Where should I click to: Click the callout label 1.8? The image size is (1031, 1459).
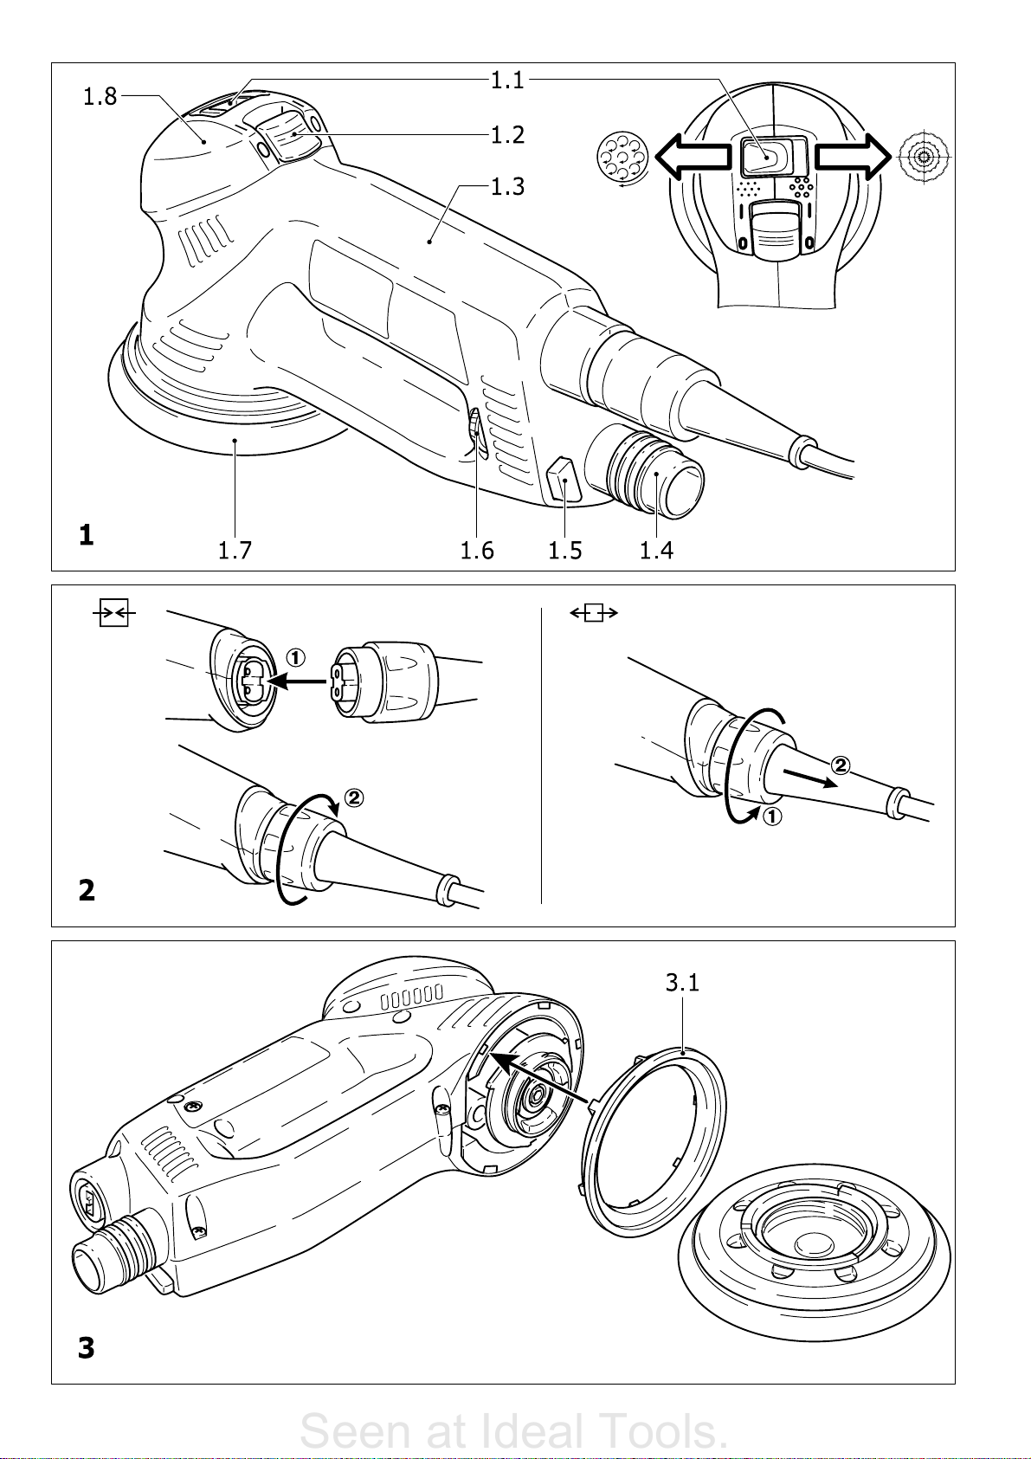click(100, 96)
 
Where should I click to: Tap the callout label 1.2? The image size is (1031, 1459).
click(507, 135)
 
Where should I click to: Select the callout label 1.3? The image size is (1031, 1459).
click(507, 187)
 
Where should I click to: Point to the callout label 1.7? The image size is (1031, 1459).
click(235, 551)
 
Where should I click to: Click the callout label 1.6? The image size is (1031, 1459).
click(477, 551)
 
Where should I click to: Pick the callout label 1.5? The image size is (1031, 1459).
click(564, 551)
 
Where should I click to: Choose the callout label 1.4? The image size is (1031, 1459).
click(656, 551)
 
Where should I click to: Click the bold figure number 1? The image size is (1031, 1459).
click(86, 536)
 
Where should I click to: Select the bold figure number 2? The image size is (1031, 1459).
click(87, 890)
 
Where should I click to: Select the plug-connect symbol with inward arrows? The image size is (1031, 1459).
click(114, 612)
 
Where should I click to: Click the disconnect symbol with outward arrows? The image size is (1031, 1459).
click(594, 613)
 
